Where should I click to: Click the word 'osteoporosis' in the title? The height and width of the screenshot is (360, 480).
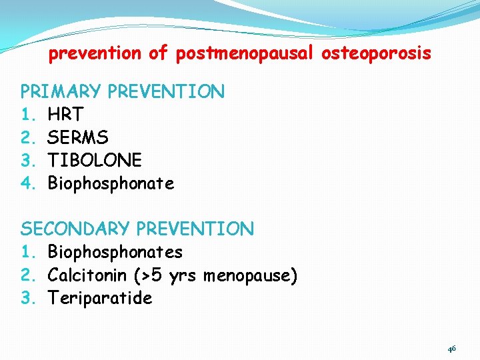click(x=376, y=54)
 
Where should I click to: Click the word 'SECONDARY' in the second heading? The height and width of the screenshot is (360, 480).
click(x=75, y=229)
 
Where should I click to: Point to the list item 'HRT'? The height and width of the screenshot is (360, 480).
click(x=65, y=115)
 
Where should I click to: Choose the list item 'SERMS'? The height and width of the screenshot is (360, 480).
click(x=78, y=137)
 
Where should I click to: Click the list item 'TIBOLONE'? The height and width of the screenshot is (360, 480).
click(x=95, y=160)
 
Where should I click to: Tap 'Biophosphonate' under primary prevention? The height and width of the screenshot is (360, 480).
click(x=111, y=183)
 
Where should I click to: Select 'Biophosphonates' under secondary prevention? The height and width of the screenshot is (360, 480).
click(x=115, y=252)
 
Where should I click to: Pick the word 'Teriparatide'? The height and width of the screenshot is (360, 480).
click(x=100, y=298)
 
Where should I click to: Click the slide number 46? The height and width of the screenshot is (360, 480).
click(x=451, y=349)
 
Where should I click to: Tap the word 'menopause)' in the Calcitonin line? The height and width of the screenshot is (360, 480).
click(x=250, y=275)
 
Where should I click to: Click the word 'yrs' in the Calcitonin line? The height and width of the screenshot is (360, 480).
click(x=182, y=275)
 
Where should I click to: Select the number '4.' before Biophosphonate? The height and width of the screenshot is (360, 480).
click(x=29, y=183)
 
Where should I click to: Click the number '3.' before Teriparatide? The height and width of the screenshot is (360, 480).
click(x=29, y=298)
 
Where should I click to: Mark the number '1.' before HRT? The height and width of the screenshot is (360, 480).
click(x=29, y=115)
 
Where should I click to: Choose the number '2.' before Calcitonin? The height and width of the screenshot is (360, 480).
click(x=29, y=275)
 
